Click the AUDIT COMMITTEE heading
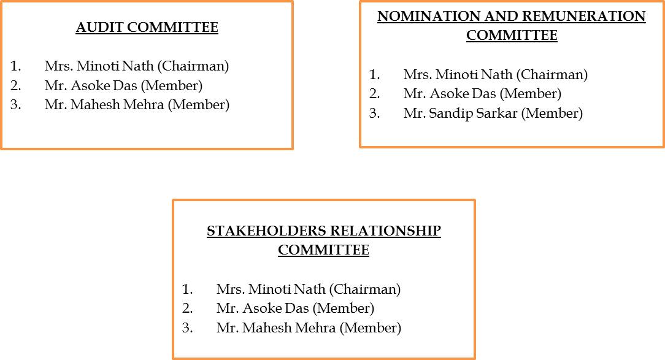(x=147, y=28)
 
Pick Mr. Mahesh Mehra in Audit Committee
(x=104, y=105)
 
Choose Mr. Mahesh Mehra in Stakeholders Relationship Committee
(x=276, y=328)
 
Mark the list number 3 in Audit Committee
(x=15, y=105)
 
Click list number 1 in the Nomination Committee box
(x=374, y=75)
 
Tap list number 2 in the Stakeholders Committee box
(x=187, y=308)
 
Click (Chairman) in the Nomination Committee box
(x=552, y=75)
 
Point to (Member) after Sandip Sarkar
(x=552, y=113)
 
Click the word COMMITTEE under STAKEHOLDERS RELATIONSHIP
(x=323, y=250)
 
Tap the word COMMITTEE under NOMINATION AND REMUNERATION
(x=512, y=36)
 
